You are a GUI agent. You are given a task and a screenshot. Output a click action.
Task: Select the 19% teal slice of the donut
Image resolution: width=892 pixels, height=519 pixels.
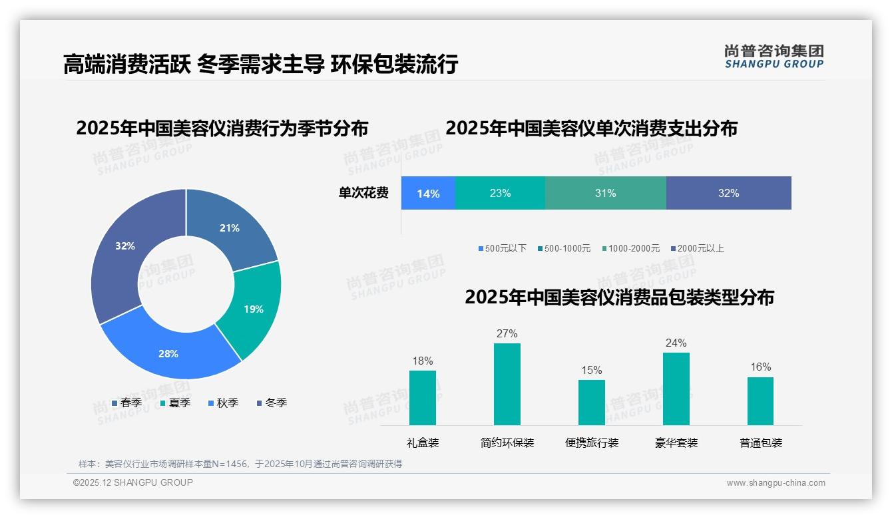[x=253, y=309]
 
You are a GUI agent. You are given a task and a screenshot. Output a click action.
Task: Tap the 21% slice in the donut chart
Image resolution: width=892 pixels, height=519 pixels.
[x=230, y=228]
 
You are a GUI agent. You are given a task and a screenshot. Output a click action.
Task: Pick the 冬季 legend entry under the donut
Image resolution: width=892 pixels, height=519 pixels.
[x=272, y=403]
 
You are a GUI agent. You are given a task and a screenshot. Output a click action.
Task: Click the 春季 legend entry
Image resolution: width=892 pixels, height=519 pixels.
[x=126, y=403]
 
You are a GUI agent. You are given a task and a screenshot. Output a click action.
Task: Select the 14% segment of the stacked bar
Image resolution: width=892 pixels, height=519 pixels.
[x=428, y=194]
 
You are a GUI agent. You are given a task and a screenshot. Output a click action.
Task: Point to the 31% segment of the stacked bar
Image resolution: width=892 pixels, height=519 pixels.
[x=605, y=194]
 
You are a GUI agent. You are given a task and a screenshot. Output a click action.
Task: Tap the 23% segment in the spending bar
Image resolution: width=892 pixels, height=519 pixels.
[x=500, y=194]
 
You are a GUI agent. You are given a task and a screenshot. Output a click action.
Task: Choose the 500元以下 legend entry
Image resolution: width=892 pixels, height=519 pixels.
[x=502, y=248]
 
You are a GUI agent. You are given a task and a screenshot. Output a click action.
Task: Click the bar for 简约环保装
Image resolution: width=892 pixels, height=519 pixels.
[x=507, y=384]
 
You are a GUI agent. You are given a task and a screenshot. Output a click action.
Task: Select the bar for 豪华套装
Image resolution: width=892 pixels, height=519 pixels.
[x=676, y=389]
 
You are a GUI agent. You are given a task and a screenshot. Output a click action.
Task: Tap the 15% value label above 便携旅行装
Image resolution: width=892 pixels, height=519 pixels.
[x=591, y=370]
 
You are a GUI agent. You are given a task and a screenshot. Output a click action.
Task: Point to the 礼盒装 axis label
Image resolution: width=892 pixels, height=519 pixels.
[x=423, y=442]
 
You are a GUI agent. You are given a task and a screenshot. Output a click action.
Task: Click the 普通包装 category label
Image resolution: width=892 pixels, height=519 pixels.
[x=760, y=442]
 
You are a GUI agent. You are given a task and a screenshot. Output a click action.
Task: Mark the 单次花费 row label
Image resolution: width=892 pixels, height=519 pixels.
[x=363, y=194]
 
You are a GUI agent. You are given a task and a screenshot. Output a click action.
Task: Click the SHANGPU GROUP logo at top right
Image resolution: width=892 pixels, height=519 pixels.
[x=774, y=57]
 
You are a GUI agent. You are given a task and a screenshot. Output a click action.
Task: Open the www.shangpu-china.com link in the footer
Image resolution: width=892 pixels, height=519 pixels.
[x=776, y=483]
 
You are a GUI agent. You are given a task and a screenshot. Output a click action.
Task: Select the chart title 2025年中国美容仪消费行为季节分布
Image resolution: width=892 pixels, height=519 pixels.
[x=222, y=128]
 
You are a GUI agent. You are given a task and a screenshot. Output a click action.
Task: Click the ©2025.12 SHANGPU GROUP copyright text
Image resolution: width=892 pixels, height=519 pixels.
[x=133, y=482]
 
